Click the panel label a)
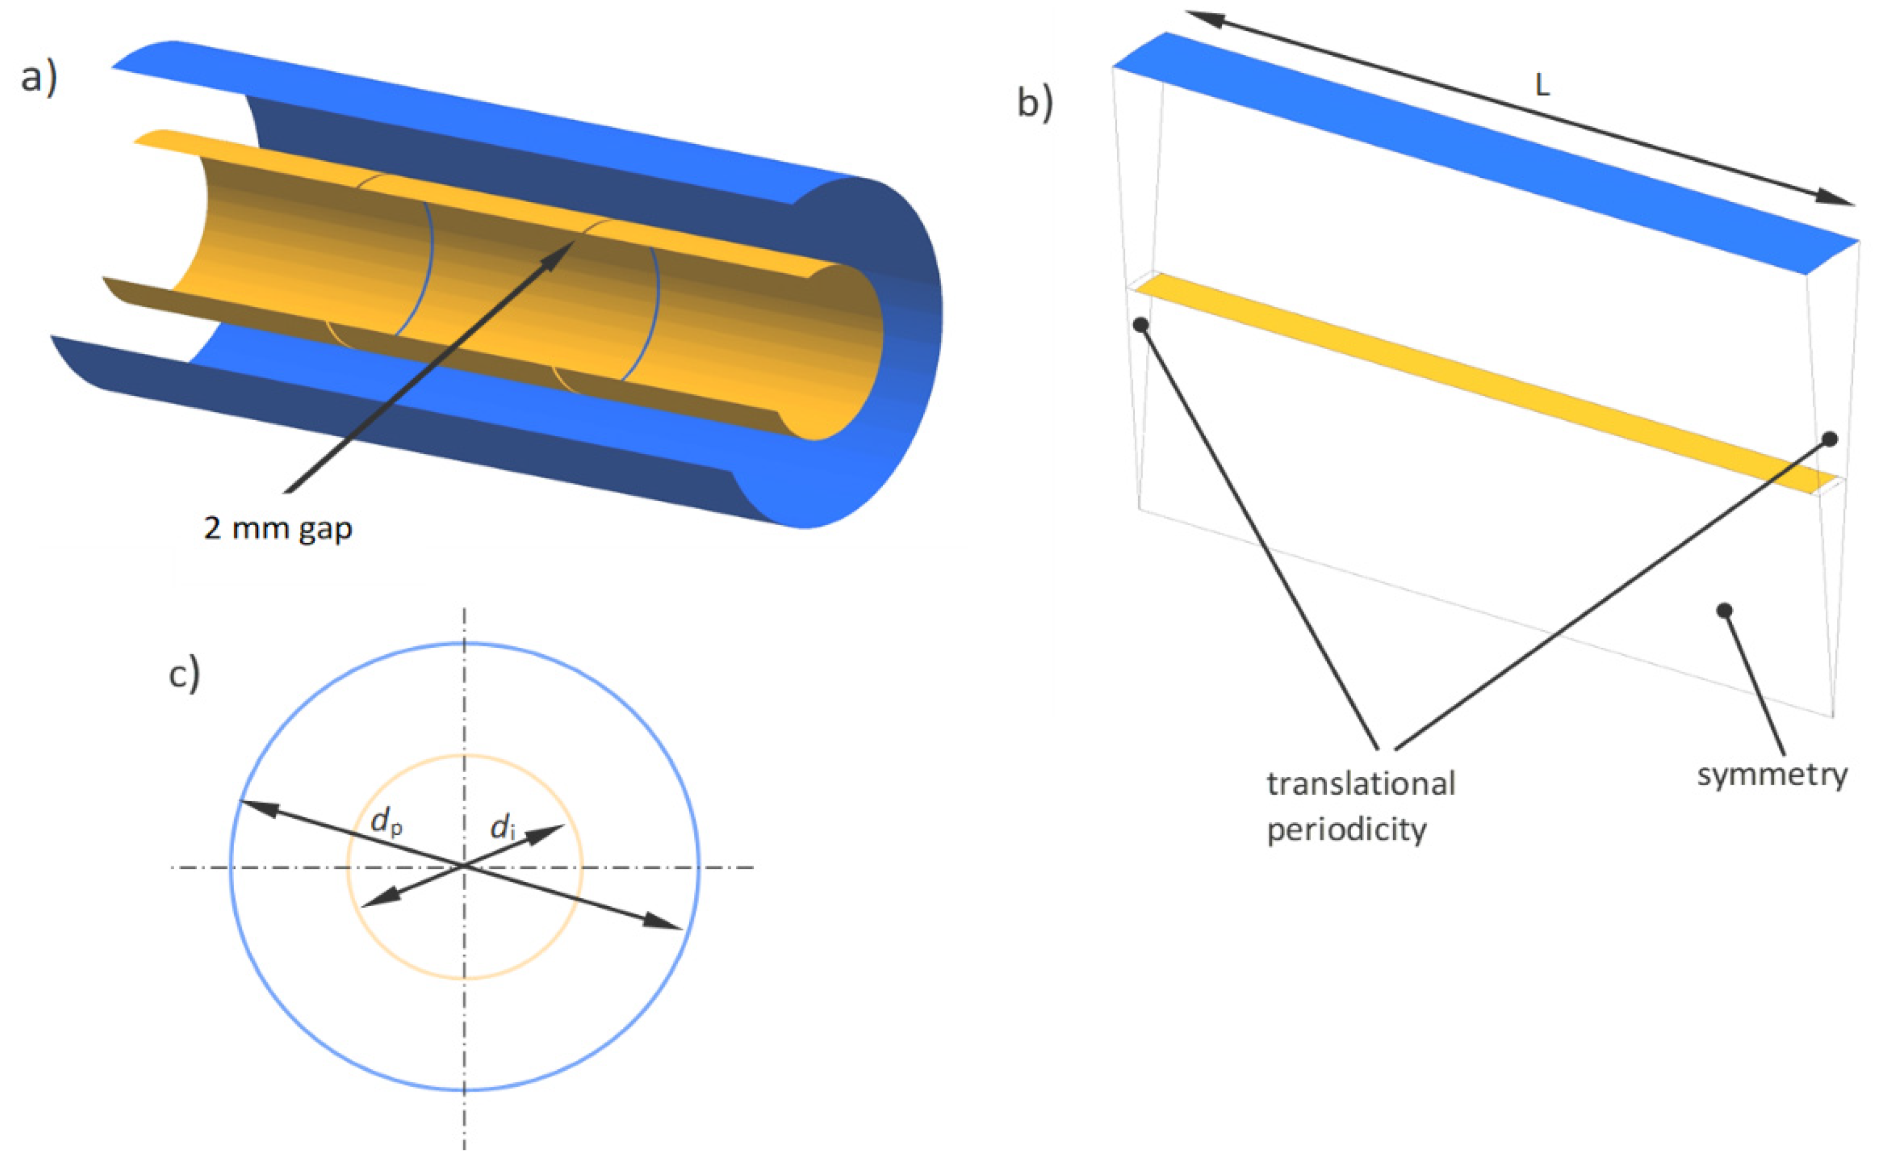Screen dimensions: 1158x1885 coord(39,79)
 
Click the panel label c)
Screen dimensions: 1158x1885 coord(184,674)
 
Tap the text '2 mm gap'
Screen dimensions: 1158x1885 coord(278,529)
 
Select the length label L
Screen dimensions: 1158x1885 coord(1542,86)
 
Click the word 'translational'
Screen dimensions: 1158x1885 coord(1361,783)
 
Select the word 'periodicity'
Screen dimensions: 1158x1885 coord(1347,830)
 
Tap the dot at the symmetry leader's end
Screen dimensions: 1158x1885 coord(1724,610)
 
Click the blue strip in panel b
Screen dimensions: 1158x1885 coord(1486,153)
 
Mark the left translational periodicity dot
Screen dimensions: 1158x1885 coord(1141,325)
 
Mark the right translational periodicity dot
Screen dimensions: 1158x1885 coord(1830,440)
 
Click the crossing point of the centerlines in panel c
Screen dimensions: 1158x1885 coord(464,867)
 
